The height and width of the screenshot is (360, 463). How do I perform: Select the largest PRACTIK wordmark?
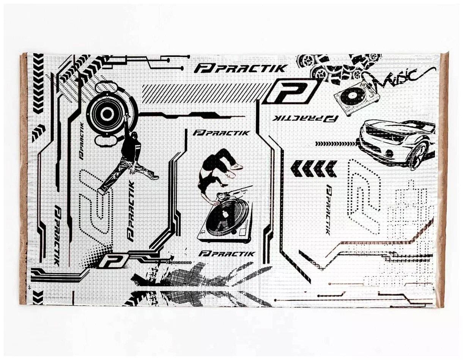point(240,69)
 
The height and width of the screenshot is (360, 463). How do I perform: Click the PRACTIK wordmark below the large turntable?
point(227,254)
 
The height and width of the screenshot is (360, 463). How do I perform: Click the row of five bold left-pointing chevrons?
point(313,169)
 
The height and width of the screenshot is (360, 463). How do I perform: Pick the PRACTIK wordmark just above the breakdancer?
point(222,133)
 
